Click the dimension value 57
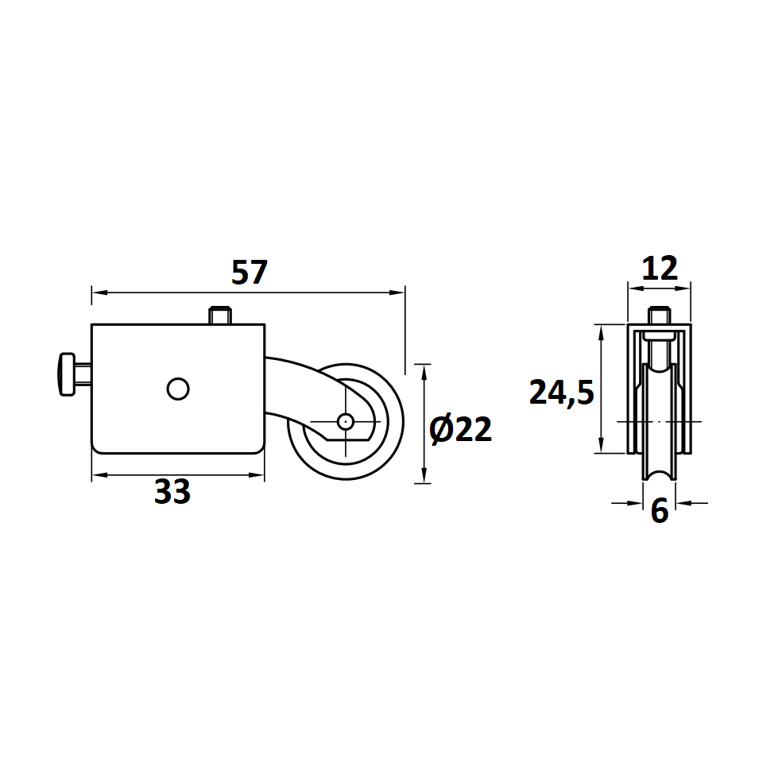[x=250, y=272]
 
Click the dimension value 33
[x=172, y=492]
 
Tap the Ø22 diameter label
[x=460, y=430]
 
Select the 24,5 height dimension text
[x=562, y=393]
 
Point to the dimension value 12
[x=660, y=269]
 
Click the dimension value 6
[x=660, y=510]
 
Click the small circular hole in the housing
[x=178, y=389]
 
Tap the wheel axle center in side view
[x=346, y=422]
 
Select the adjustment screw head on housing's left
[x=67, y=374]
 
